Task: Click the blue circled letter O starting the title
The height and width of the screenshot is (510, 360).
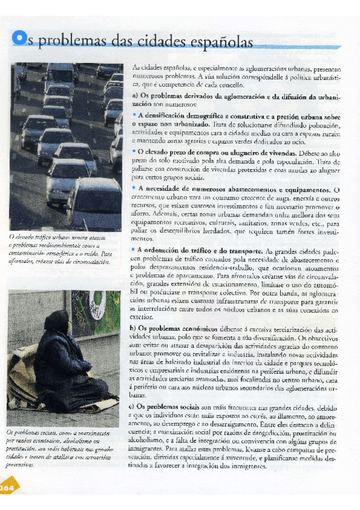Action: click(20, 39)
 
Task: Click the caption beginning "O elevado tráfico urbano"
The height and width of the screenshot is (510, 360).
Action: click(61, 249)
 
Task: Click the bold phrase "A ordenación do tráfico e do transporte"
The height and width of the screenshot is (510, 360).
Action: click(200, 250)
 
